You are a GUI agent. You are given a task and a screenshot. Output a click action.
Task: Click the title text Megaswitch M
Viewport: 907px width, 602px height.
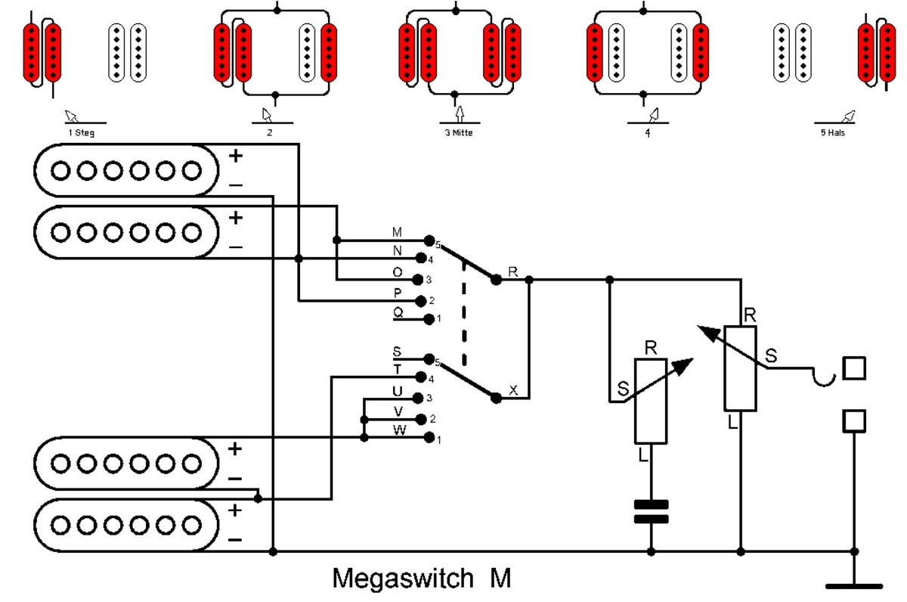[x=422, y=579]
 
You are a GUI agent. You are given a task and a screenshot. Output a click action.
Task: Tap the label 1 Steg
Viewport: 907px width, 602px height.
[x=81, y=133]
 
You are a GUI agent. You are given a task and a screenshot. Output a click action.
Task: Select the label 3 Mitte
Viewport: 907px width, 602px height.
[x=458, y=133]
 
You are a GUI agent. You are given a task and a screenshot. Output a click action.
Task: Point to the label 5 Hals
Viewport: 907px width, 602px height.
[x=833, y=133]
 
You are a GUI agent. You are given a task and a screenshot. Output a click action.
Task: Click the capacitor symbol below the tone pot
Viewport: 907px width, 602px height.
[x=651, y=512]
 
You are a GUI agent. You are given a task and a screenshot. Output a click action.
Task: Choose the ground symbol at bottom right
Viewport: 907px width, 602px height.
[x=854, y=584]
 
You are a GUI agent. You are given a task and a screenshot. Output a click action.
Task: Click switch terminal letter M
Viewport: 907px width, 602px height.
[x=398, y=231]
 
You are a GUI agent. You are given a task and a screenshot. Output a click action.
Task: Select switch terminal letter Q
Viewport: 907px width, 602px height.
[x=398, y=311]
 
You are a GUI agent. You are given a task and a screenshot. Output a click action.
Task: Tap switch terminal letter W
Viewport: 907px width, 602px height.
[x=398, y=430]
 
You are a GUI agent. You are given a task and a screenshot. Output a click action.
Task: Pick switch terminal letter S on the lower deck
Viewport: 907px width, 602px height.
[x=398, y=351]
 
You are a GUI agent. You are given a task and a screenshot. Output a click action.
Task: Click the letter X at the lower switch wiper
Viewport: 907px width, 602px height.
[x=514, y=390]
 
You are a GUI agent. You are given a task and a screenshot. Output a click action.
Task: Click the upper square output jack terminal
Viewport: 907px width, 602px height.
[x=854, y=368]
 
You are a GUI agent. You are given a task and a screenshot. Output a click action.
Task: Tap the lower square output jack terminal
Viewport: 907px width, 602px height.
[x=854, y=420]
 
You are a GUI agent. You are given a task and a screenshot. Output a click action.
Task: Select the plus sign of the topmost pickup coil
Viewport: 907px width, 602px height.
[x=236, y=157]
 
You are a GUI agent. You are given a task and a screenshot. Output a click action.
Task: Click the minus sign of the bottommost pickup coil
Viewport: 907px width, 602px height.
[x=235, y=539]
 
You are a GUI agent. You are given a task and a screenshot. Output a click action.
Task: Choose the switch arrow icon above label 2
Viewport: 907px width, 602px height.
[x=266, y=115]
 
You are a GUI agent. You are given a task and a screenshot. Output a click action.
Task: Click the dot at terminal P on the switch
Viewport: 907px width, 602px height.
[x=420, y=299]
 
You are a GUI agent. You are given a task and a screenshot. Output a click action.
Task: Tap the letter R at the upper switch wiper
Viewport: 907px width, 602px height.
[x=514, y=271]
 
